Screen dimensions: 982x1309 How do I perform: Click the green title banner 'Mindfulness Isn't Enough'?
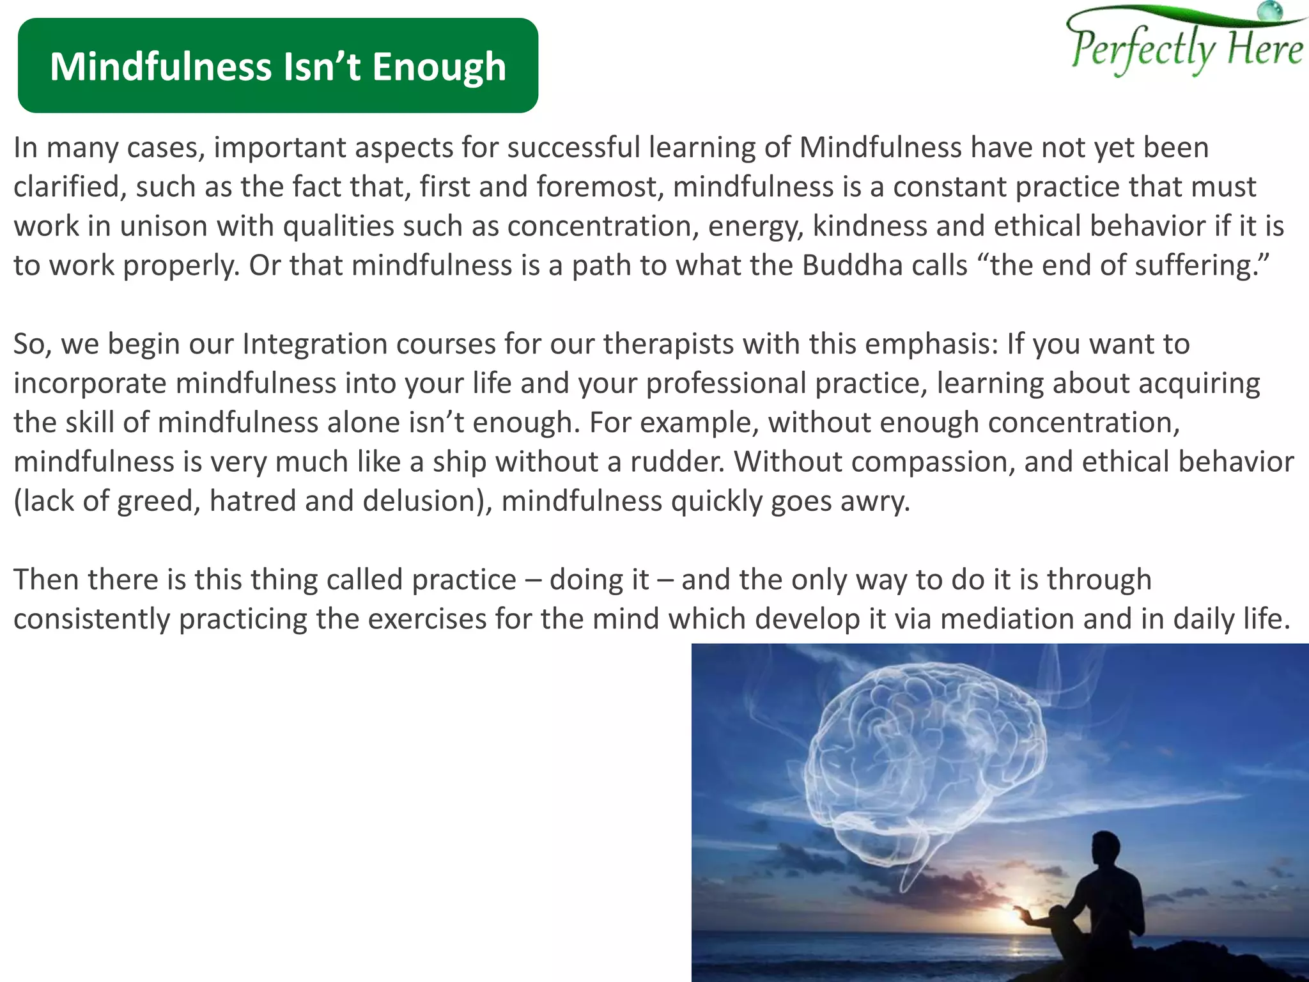tap(277, 65)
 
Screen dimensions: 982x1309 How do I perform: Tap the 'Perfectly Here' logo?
tap(1186, 45)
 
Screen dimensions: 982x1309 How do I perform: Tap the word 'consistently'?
tap(91, 619)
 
